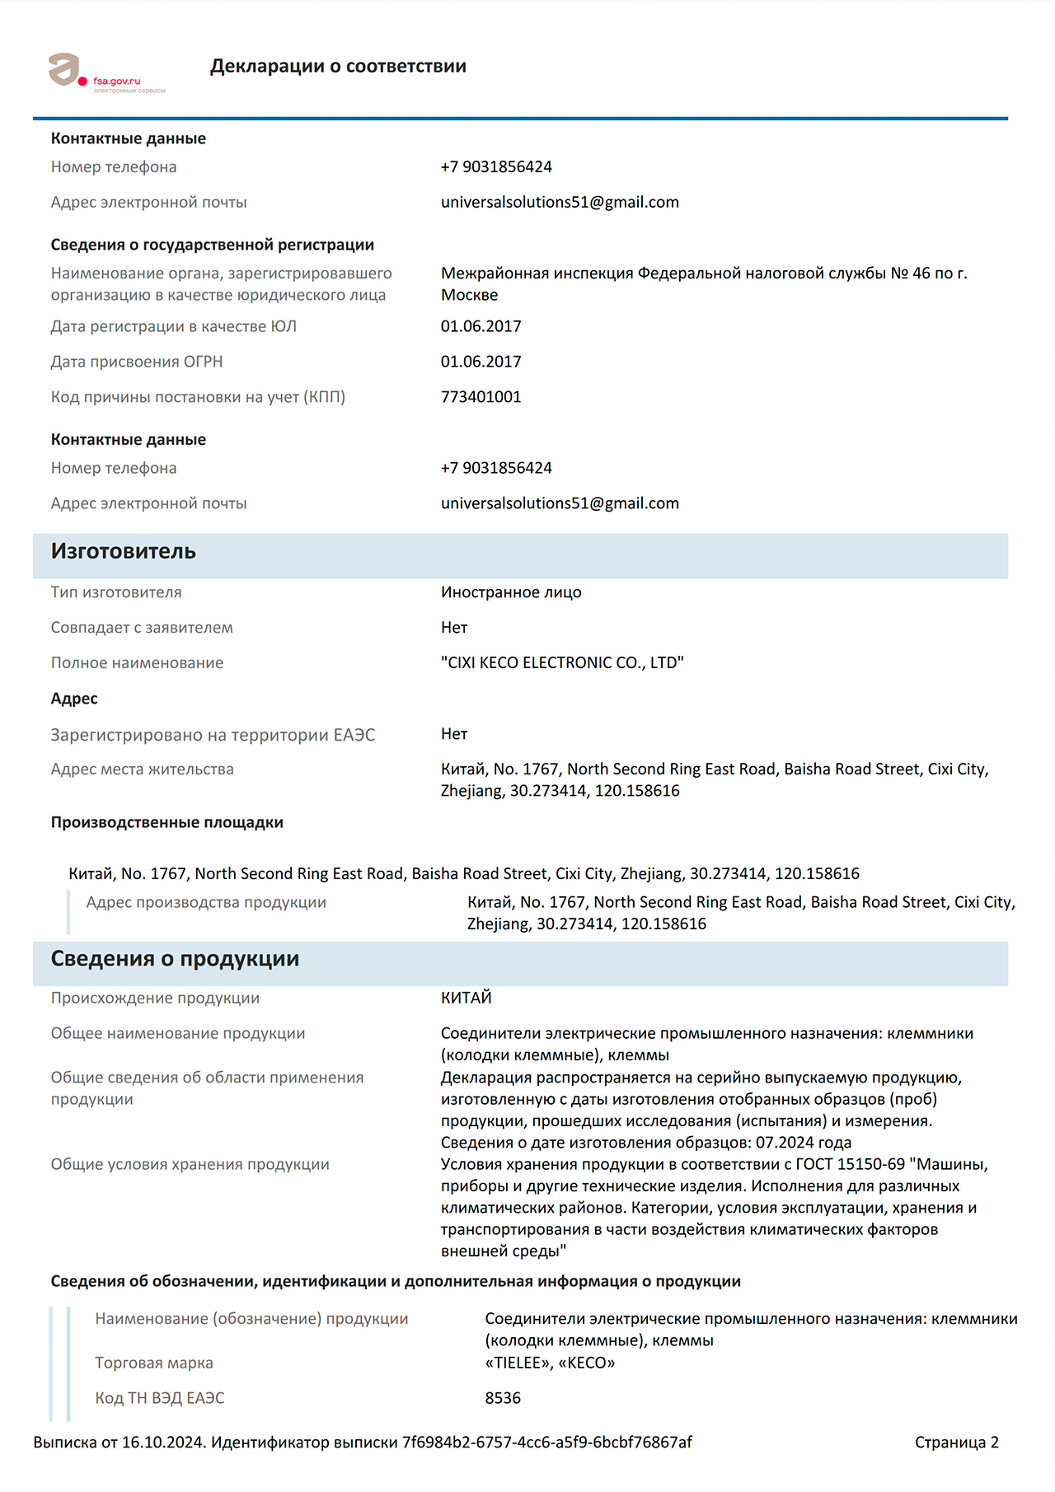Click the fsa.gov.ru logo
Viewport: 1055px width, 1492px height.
pyautogui.click(x=105, y=72)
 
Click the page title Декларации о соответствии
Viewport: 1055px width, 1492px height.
pyautogui.click(x=338, y=66)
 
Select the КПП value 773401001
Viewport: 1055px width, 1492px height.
pyautogui.click(x=481, y=397)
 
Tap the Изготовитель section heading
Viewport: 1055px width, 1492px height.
pyautogui.click(x=124, y=551)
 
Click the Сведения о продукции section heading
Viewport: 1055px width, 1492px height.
pyautogui.click(x=175, y=959)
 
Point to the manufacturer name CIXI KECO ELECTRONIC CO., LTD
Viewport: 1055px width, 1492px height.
pyautogui.click(x=562, y=663)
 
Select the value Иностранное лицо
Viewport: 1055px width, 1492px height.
pyautogui.click(x=511, y=592)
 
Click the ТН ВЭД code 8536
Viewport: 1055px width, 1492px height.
pyautogui.click(x=503, y=1398)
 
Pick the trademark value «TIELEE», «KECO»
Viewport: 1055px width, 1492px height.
pyautogui.click(x=550, y=1363)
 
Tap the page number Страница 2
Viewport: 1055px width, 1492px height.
pyautogui.click(x=956, y=1443)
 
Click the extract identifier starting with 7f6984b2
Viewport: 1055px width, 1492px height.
pyautogui.click(x=546, y=1443)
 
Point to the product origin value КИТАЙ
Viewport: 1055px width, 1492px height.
pyautogui.click(x=466, y=998)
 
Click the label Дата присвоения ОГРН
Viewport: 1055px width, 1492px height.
pyautogui.click(x=137, y=362)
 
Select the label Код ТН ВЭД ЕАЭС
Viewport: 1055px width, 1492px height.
pyautogui.click(x=160, y=1398)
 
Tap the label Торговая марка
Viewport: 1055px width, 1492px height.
pyautogui.click(x=154, y=1363)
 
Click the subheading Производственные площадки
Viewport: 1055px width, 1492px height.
pyautogui.click(x=167, y=822)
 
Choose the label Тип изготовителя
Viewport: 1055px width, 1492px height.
pyautogui.click(x=116, y=592)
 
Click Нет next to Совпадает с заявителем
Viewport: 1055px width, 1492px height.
pyautogui.click(x=454, y=628)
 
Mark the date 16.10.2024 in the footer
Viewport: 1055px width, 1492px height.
pyautogui.click(x=162, y=1443)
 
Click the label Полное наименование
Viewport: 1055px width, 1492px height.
pyautogui.click(x=137, y=663)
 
